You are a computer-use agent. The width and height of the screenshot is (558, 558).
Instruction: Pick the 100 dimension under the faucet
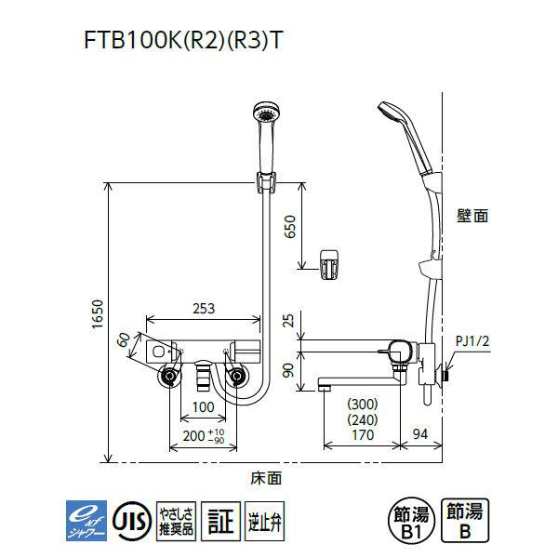[x=203, y=407]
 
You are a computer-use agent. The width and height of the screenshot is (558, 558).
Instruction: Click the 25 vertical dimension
[x=287, y=322]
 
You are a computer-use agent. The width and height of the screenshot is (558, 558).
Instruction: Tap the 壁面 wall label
[x=472, y=215]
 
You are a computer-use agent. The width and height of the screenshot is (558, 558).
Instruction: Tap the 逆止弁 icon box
[x=263, y=517]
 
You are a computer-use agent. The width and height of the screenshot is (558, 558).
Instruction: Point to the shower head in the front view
[x=265, y=122]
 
